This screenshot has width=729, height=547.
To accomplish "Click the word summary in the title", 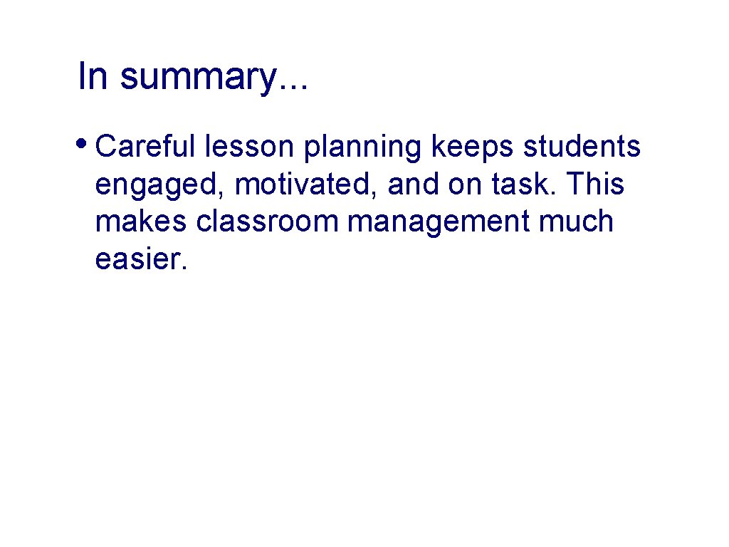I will pos(196,77).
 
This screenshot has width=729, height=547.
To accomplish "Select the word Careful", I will pos(145,147).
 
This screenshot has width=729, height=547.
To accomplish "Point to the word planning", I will pos(363,148).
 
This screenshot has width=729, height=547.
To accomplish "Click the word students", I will pos(582,147).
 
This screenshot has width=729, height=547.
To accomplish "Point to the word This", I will pos(596,184).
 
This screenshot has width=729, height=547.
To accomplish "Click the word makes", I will pos(141,222).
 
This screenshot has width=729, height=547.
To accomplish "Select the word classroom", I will pos(268,222).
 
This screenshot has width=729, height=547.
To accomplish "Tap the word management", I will pos(439,223).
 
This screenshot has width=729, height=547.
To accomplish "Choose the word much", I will pos(576,222).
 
